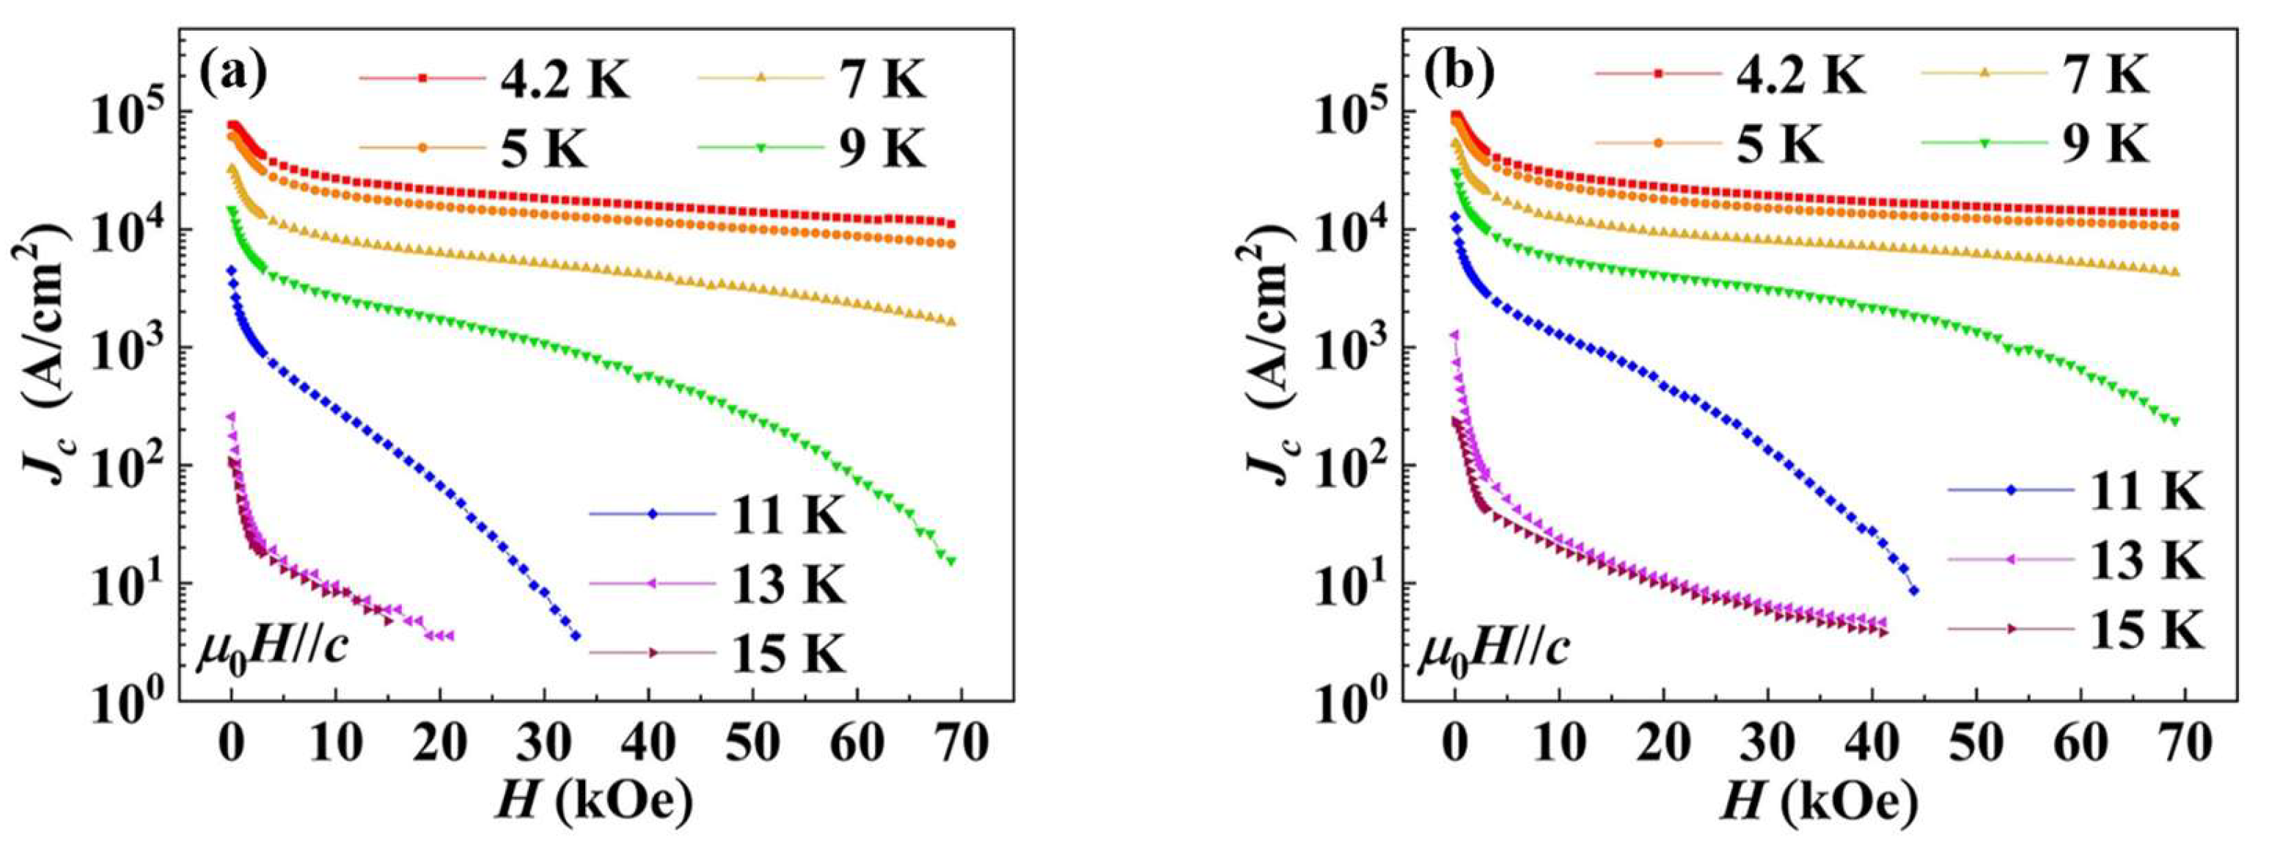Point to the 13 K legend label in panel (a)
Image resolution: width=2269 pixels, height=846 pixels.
pos(788,583)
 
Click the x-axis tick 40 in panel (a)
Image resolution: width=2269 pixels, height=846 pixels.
pos(649,745)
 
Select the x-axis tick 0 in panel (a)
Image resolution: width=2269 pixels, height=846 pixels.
pos(231,745)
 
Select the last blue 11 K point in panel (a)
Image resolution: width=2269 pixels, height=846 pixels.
pos(576,635)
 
